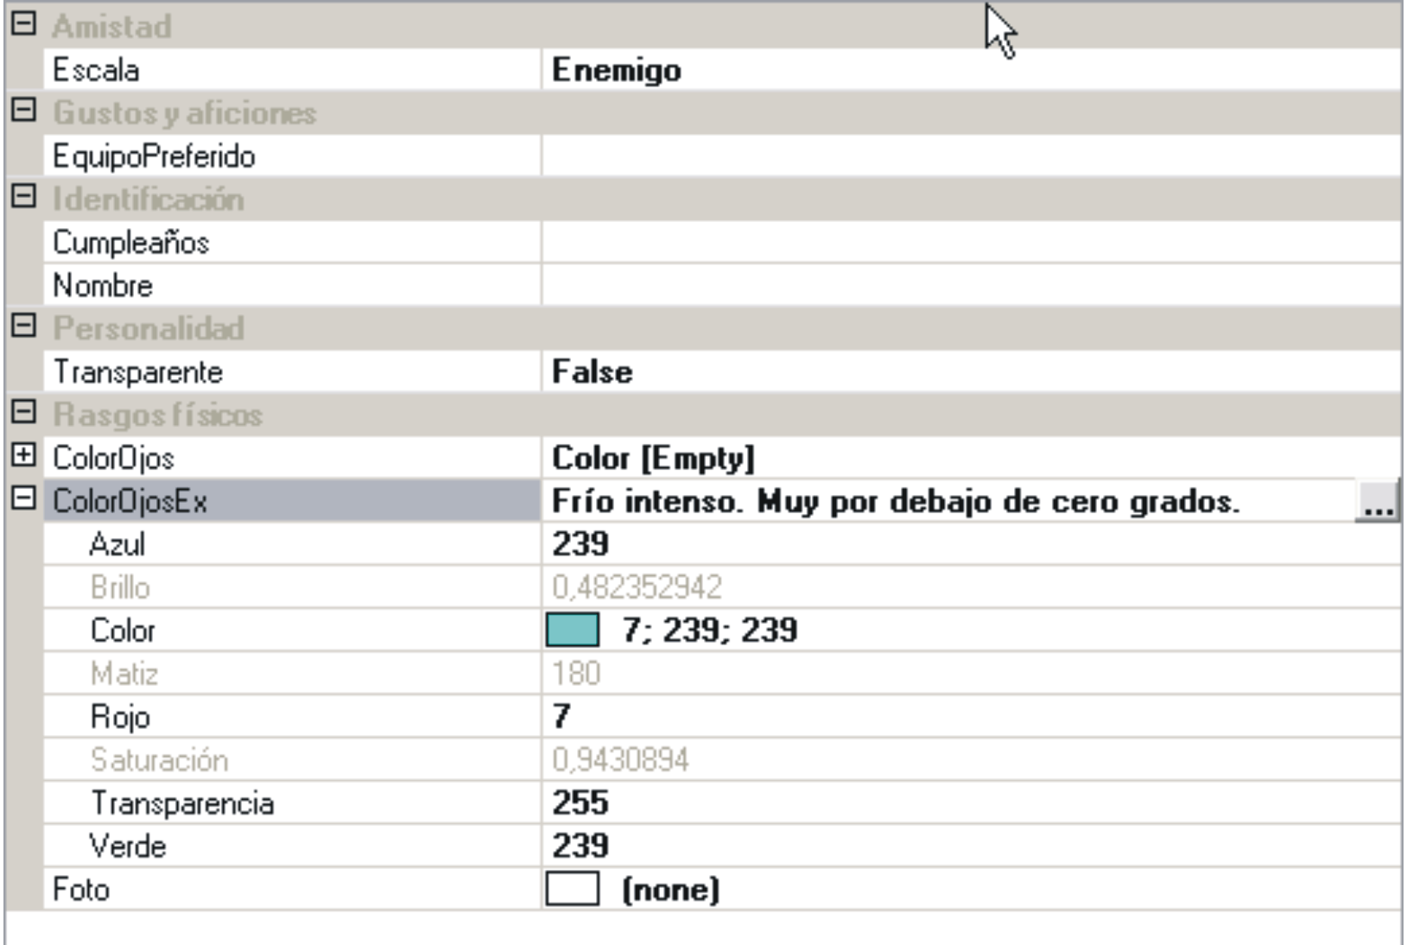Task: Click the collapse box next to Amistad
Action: click(23, 24)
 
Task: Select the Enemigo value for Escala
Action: click(616, 70)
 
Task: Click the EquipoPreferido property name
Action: click(154, 156)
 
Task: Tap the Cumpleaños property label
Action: click(130, 243)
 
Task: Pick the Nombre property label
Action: click(103, 286)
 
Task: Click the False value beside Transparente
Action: click(592, 372)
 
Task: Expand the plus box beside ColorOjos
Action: click(23, 455)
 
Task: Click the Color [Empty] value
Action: click(653, 458)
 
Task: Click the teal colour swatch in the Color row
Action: click(572, 630)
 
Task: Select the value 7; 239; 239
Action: click(709, 631)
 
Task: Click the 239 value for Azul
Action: click(580, 544)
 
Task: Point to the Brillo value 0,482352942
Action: click(637, 587)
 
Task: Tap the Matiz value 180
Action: click(576, 674)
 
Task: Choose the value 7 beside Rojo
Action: click(561, 716)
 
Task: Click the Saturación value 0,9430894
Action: click(620, 760)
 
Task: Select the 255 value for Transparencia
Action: click(580, 802)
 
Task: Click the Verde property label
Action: click(127, 846)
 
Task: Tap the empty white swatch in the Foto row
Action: click(572, 889)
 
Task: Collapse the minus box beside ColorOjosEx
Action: click(23, 498)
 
